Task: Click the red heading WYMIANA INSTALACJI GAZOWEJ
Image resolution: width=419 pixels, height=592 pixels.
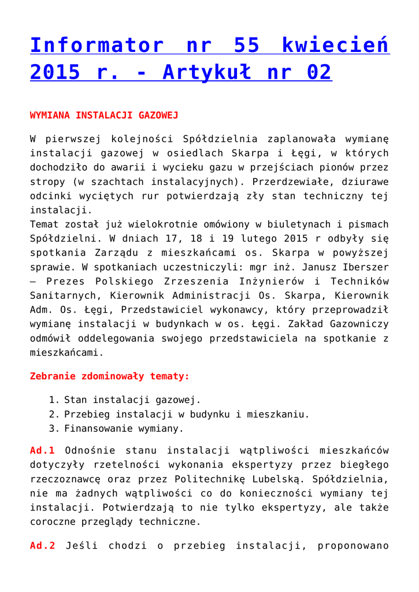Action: coord(104,115)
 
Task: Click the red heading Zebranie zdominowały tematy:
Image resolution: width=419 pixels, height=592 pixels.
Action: coord(110,376)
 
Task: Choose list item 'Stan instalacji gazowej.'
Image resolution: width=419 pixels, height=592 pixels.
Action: coord(132,399)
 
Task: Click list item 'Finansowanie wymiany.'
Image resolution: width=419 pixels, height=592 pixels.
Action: coord(124,428)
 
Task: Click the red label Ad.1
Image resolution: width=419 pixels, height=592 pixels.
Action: coord(42,450)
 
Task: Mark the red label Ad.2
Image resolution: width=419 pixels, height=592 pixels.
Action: coord(42,546)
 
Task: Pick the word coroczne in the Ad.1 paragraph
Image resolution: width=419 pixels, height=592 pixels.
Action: coord(54,521)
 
